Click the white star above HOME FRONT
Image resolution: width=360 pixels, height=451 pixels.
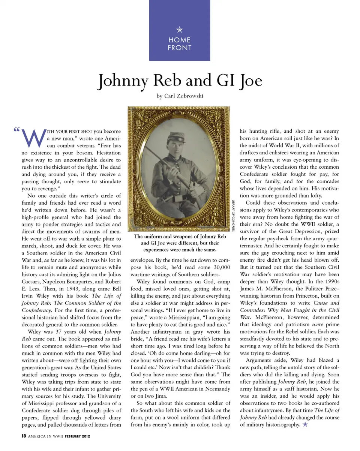[x=180, y=30]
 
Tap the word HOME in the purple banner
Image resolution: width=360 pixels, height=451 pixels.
[x=180, y=40]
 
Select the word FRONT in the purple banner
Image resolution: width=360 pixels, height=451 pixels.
[x=180, y=48]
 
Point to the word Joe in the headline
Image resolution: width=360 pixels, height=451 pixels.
[x=249, y=81]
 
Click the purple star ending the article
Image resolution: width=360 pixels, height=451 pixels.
[x=305, y=424]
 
